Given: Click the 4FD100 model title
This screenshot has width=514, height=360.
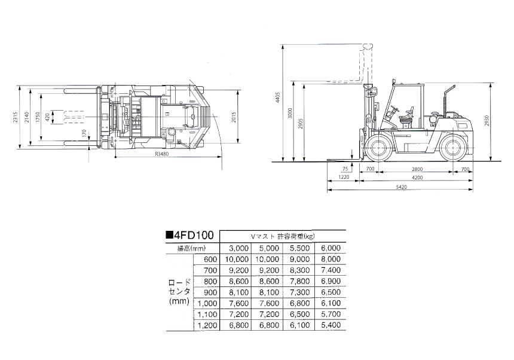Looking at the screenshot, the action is coord(190,235).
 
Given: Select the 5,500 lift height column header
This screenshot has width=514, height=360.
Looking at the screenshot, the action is coord(299,248).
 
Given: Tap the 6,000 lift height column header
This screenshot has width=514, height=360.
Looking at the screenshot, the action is coord(331,248).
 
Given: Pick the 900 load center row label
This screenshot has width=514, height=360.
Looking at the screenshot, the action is coord(210,292).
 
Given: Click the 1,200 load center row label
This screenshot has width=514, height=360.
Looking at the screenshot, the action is coord(207,325).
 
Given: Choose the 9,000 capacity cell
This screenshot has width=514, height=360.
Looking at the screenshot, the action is coord(299,259).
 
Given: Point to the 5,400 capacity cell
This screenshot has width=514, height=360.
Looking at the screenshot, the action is coord(331,325).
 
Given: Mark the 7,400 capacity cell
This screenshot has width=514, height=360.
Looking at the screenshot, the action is coord(331,270).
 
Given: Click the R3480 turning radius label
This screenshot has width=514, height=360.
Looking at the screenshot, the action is coord(161,154).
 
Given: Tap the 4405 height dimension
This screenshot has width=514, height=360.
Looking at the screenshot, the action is coord(279,97).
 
